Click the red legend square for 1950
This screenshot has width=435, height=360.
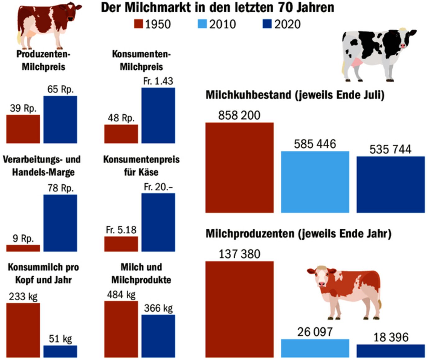[x=139, y=24]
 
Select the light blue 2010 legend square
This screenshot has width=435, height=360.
[x=202, y=24]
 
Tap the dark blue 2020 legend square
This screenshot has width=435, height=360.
[x=267, y=24]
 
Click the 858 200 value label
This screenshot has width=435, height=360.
[x=239, y=115]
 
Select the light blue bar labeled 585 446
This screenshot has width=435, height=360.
[x=315, y=182]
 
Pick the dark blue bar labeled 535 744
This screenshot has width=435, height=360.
[x=390, y=185]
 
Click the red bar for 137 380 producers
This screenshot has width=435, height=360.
[x=239, y=309]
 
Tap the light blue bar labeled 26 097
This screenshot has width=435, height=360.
[x=315, y=348]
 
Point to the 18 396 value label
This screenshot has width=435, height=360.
[x=391, y=337]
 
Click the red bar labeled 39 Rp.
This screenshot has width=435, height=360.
[x=23, y=129]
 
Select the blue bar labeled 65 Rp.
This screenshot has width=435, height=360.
[x=60, y=120]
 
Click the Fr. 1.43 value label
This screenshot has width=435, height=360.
[x=158, y=81]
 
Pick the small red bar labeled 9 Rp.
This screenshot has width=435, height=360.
[x=23, y=248]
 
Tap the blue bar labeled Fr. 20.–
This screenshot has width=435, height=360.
[x=158, y=222]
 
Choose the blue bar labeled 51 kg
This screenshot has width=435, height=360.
[x=60, y=351]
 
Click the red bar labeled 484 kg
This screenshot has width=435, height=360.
[x=121, y=329]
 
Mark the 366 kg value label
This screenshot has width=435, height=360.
[x=158, y=308]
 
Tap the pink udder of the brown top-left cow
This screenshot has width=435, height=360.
[x=30, y=34]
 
